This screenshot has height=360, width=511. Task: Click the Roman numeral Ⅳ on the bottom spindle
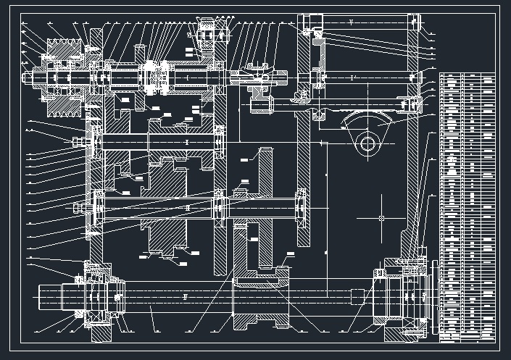[x=186, y=296]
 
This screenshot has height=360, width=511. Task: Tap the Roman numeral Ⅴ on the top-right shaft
[x=350, y=24]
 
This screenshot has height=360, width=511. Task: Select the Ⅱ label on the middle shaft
[x=187, y=208]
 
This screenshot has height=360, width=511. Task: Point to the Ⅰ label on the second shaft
[x=187, y=142]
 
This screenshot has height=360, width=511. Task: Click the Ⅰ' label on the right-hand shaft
[x=352, y=78]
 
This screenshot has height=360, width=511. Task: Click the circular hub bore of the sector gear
[x=369, y=143]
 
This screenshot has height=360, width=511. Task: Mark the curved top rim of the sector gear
[x=371, y=116]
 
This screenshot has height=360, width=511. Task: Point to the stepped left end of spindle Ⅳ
[x=58, y=296]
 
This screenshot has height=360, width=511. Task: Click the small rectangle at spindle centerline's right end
[x=357, y=296]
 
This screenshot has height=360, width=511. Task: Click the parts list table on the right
[x=468, y=206]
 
